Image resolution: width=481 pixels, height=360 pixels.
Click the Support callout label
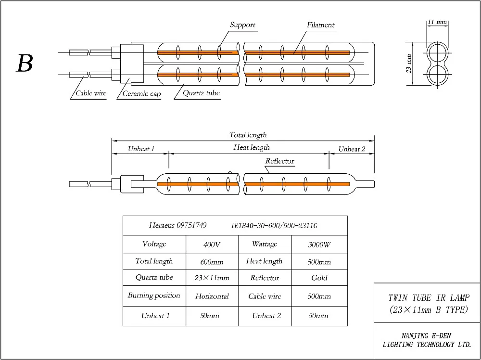[242, 25]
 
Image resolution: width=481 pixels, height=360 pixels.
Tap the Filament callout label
[320, 25]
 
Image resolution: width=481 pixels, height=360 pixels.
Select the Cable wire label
[91, 94]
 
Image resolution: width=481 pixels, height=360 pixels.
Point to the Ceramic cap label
[141, 94]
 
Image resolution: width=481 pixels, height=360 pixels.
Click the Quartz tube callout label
[201, 93]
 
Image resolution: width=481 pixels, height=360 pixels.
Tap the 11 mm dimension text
[437, 22]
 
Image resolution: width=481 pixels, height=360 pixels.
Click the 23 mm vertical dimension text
[409, 63]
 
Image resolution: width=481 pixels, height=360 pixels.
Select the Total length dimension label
[247, 135]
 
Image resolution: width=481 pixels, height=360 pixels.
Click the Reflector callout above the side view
[279, 161]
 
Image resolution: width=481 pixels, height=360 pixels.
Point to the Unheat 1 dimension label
[141, 149]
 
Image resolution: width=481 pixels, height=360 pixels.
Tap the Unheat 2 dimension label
[352, 149]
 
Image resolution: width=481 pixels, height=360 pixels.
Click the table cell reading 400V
[212, 244]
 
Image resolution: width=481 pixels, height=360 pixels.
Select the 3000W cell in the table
[319, 244]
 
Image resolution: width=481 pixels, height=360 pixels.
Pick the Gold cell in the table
[319, 278]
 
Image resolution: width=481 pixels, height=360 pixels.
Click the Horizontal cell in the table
[212, 296]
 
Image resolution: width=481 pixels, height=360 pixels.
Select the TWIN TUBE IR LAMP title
[428, 298]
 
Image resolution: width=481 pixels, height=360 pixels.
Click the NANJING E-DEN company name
[427, 335]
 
